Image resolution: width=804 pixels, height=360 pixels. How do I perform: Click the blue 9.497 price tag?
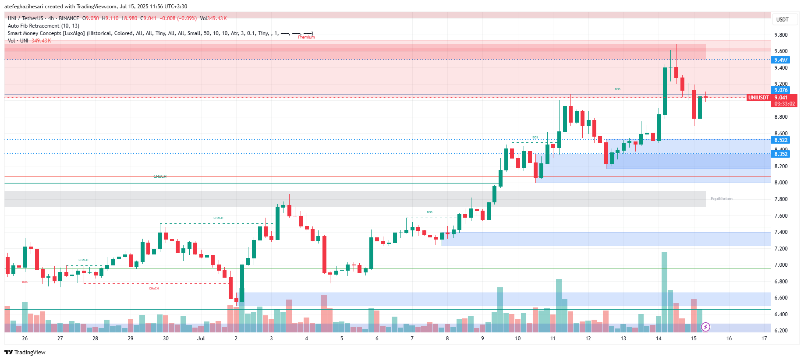point(781,60)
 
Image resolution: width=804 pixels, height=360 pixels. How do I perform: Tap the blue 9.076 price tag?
point(781,90)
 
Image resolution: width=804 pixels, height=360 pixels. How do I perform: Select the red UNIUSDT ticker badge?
point(758,98)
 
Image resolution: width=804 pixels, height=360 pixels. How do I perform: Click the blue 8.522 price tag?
point(781,140)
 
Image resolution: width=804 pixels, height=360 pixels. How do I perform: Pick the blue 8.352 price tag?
point(781,154)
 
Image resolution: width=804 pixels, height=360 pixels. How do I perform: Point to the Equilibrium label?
point(721,199)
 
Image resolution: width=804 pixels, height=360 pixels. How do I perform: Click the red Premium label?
point(306,37)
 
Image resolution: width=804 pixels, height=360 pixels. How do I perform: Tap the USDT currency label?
point(782,20)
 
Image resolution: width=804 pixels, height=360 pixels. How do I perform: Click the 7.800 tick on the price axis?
point(781,199)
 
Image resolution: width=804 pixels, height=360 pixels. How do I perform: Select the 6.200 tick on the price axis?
point(781,331)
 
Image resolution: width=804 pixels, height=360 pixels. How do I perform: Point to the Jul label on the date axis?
point(201,339)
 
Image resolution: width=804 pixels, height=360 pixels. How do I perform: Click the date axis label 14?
point(659,339)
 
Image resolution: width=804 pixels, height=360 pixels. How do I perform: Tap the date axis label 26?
point(25,339)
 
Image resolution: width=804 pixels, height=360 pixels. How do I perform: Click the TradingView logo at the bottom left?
point(25,352)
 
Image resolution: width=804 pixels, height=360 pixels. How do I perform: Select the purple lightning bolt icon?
point(705,327)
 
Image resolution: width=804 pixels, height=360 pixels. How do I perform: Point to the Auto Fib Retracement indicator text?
point(43,26)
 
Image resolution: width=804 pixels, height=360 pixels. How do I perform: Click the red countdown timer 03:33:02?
point(784,104)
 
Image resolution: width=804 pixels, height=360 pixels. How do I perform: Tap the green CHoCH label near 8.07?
point(160,176)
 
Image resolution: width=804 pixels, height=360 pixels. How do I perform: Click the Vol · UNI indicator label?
point(18,41)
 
